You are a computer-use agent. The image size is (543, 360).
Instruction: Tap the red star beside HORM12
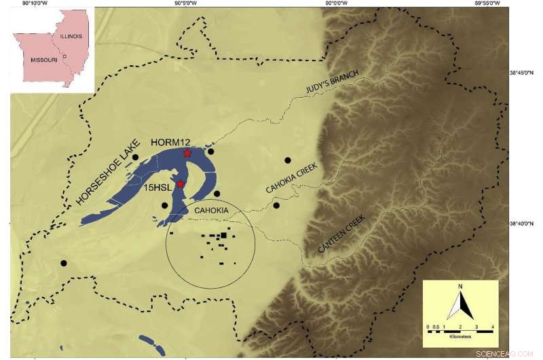pos(187,154)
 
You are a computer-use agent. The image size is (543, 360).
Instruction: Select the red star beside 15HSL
pos(181,184)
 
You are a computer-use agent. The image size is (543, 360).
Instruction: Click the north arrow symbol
pos(460,303)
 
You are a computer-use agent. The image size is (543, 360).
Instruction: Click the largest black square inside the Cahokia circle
pos(223,236)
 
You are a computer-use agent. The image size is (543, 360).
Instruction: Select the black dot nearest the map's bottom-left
pos(63,263)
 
